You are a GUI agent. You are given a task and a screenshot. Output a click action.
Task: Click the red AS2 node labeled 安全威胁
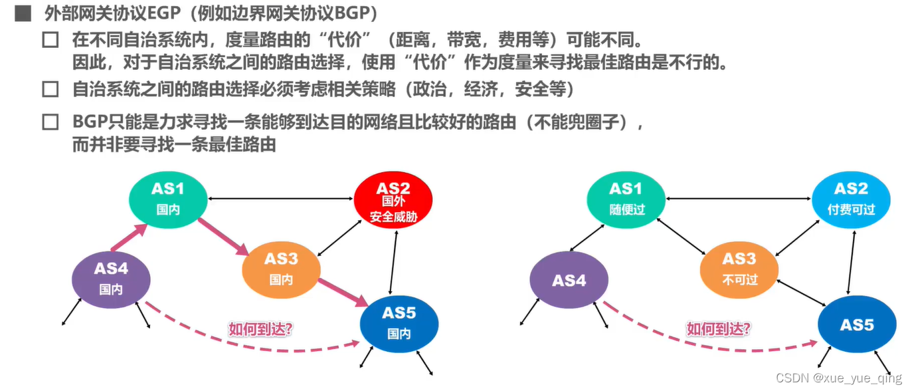tap(393, 200)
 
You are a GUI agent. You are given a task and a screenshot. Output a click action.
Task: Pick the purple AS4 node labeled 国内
tap(110, 279)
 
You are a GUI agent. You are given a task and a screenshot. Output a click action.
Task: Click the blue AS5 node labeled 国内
tap(399, 322)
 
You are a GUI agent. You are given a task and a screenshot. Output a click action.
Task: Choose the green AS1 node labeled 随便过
tap(626, 198)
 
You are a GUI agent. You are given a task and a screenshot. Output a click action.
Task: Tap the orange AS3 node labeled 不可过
tap(739, 268)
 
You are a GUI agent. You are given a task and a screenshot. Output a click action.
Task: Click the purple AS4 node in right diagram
tap(569, 280)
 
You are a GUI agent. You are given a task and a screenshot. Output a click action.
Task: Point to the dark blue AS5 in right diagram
tap(856, 324)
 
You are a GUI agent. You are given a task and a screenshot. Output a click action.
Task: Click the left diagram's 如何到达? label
tap(260, 328)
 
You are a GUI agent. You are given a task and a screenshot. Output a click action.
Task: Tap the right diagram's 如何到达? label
tap(719, 328)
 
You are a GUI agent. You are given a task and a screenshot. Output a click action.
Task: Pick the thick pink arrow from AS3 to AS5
tap(343, 293)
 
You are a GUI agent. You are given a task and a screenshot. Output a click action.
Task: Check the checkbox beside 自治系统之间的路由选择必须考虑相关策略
tap(50, 89)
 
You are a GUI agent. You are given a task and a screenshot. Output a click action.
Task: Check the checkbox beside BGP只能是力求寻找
tap(50, 122)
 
